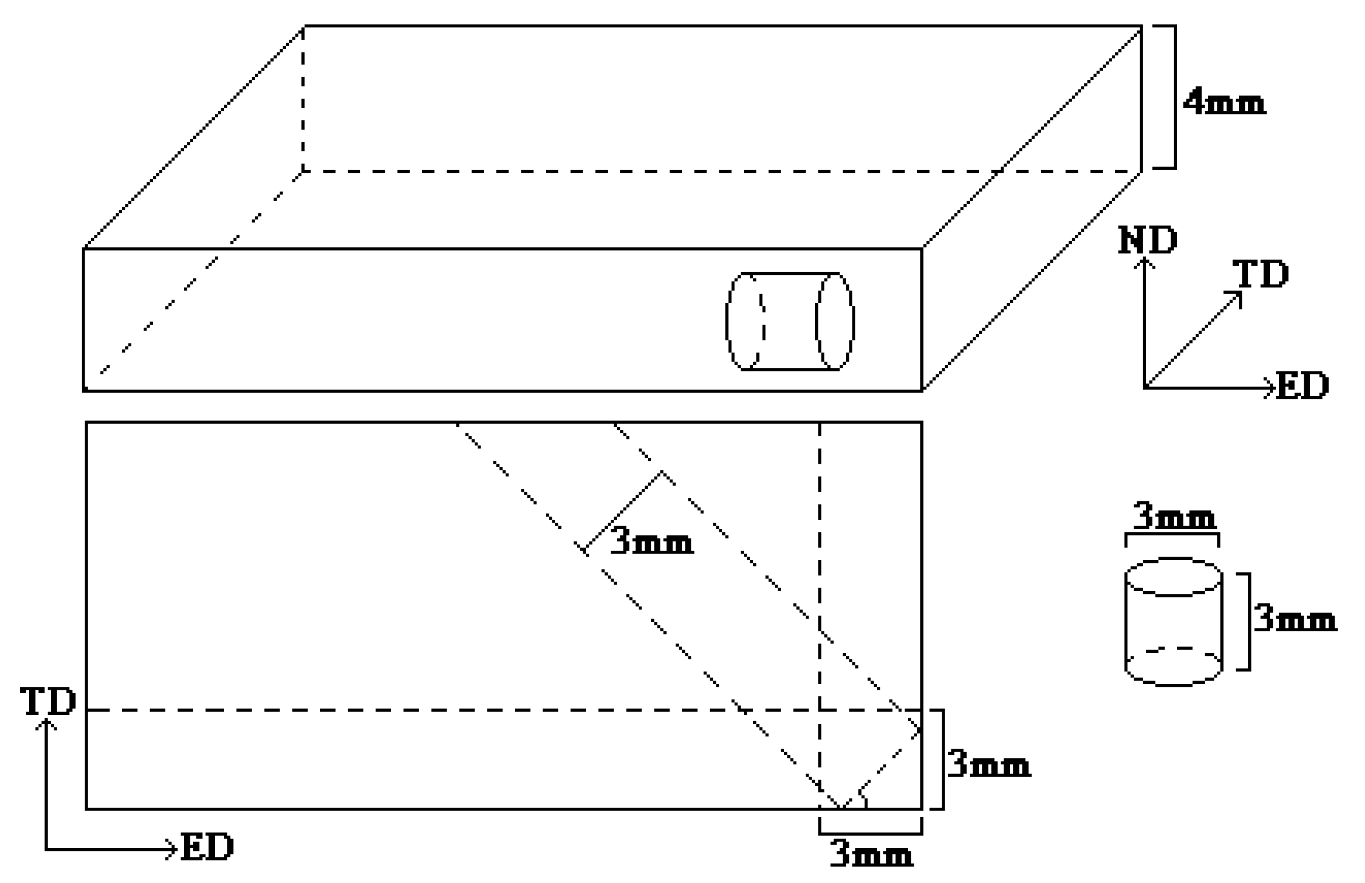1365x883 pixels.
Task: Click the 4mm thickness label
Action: (1224, 103)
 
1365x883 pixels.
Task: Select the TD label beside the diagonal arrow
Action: (1260, 274)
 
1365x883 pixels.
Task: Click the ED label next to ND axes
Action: (1303, 385)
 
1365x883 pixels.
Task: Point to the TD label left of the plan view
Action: (48, 701)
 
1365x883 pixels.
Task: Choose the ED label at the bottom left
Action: (207, 847)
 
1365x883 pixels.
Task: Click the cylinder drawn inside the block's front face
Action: (790, 321)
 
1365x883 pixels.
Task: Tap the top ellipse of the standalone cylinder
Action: (1174, 576)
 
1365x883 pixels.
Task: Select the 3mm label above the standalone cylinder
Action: (1174, 516)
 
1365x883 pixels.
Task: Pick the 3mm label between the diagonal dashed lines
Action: (652, 542)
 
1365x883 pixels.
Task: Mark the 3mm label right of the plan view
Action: (988, 764)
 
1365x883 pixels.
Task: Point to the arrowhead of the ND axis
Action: (1145, 262)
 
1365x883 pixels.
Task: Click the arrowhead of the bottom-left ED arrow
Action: (172, 849)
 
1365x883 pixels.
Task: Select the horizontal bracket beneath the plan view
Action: (870, 832)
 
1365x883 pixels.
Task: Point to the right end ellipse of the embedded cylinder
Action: (835, 321)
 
